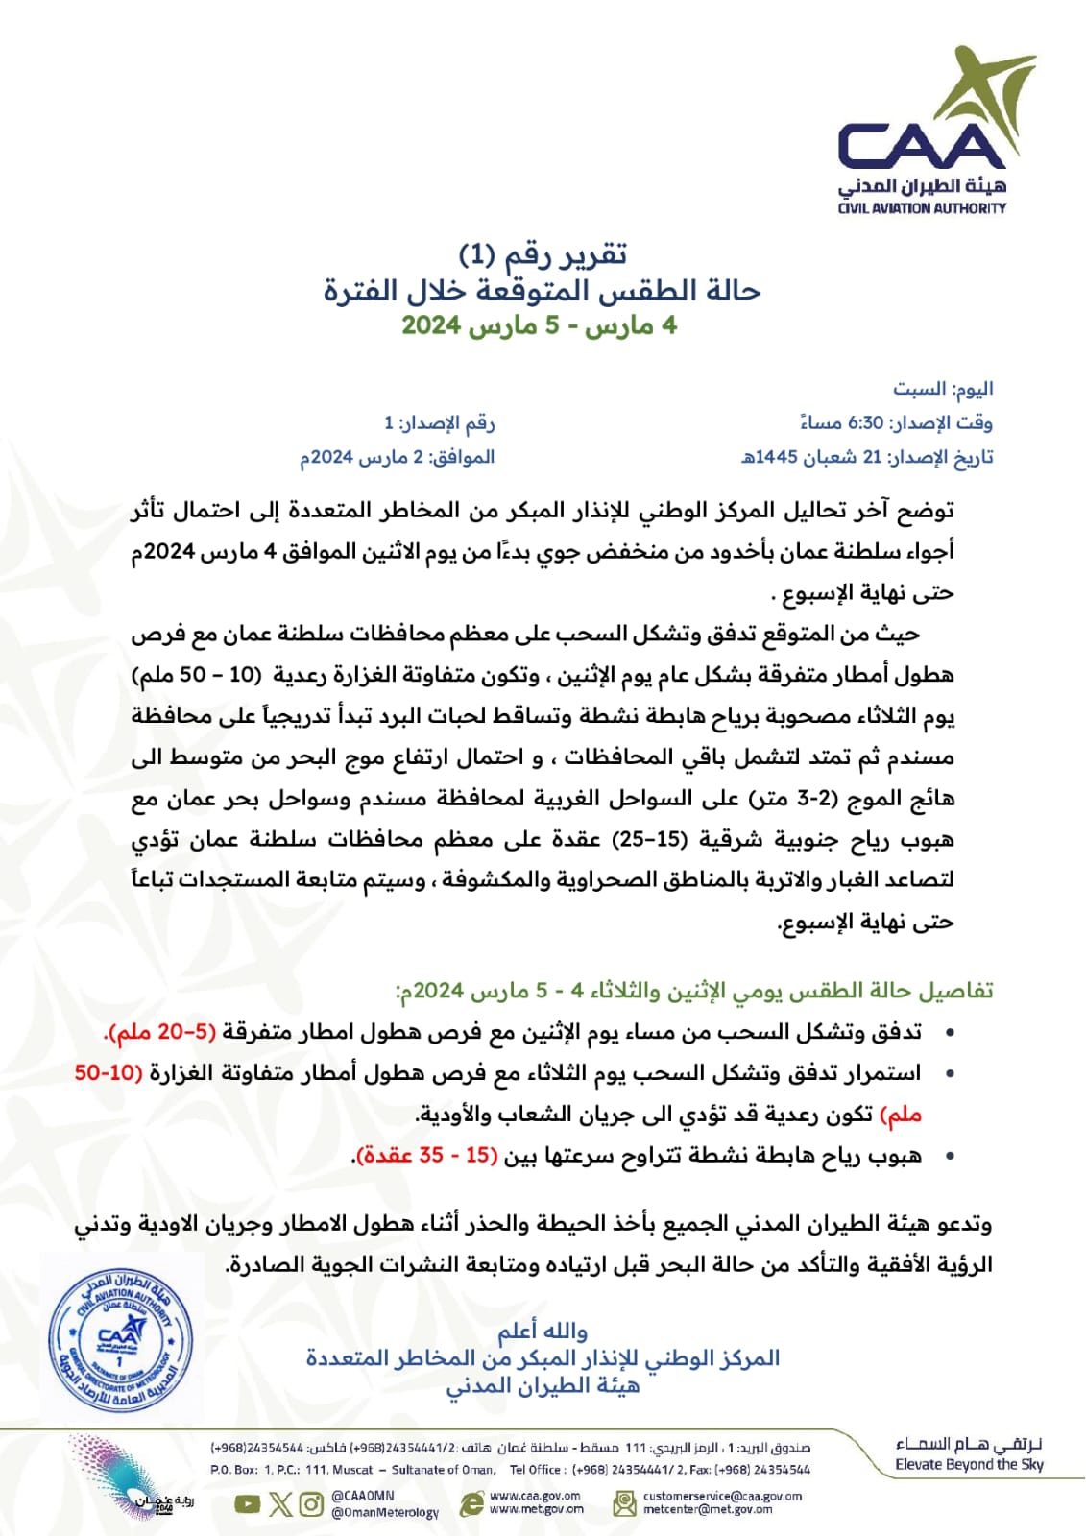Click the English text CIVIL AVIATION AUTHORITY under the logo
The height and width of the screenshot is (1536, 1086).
point(922,207)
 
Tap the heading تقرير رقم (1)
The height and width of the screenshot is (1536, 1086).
point(543,254)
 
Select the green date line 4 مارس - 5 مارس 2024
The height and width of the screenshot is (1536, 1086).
point(540,325)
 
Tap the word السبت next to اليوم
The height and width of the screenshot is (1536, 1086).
point(919,389)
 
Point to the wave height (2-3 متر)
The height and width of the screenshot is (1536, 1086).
point(778,798)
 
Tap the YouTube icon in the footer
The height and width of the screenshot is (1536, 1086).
point(248,1503)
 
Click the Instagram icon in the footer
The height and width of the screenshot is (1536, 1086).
point(311,1503)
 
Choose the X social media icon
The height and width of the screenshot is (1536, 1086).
point(279,1503)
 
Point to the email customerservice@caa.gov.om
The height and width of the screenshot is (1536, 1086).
point(722,1496)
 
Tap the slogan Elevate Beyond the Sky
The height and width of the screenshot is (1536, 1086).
point(969,1464)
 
